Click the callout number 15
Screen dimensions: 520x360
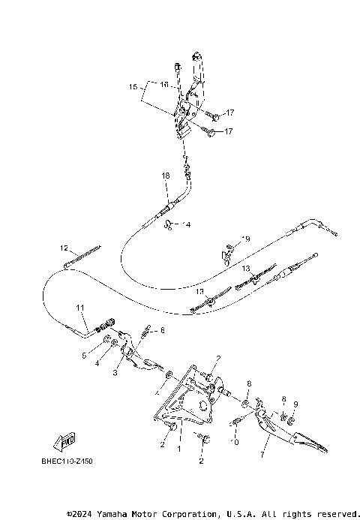tap(133, 87)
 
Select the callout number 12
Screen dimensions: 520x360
tap(64, 247)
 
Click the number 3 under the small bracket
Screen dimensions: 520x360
tap(116, 372)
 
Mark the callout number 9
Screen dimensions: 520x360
tap(295, 404)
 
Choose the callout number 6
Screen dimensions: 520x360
tap(161, 330)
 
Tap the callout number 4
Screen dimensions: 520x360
tap(97, 364)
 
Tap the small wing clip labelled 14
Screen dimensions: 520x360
tap(171, 224)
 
